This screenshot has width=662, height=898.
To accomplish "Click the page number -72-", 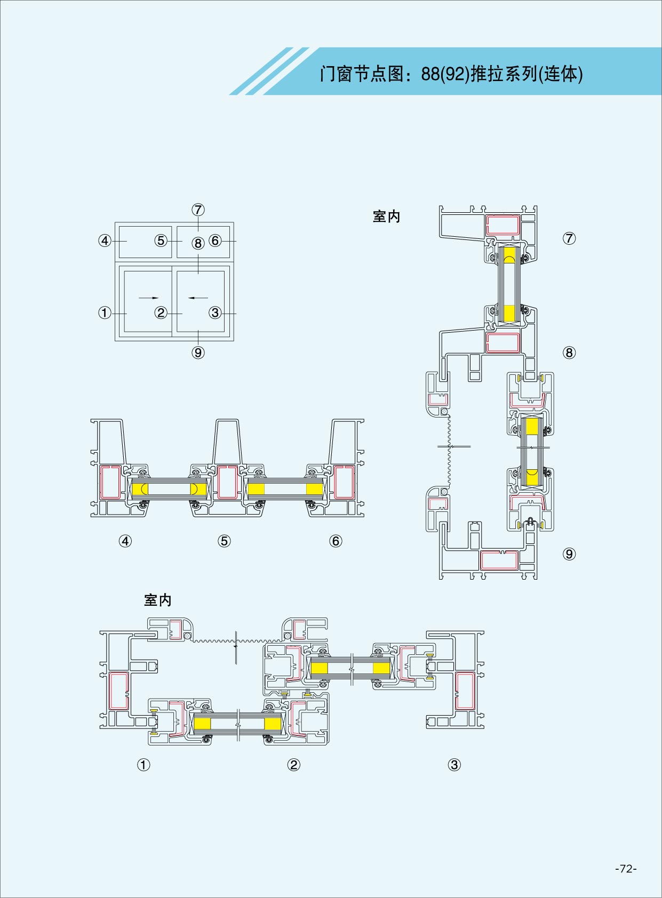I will coord(626,868).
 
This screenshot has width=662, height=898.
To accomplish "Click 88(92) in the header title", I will coord(444,74).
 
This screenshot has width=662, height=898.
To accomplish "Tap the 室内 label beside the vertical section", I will coord(386,217).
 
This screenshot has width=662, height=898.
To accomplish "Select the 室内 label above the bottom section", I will coord(158,600).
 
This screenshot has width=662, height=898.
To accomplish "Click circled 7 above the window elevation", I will coord(198,210).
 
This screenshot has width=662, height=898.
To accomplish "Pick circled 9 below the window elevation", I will coord(198,352).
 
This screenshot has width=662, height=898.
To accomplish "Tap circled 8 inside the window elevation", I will coord(198,244).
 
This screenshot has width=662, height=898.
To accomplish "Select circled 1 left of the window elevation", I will coord(105,313).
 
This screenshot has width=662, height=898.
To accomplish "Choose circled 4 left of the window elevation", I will coord(105,240).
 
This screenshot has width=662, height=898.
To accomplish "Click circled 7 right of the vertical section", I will coord(569,238).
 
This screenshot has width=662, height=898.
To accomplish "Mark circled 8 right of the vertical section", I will coord(569,352).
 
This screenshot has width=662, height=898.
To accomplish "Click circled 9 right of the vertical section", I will coord(569,554).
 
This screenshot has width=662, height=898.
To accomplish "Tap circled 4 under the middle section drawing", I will coord(125,541).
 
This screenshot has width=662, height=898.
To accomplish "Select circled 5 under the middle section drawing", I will coord(224,541).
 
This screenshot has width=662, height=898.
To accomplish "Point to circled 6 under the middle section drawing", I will coord(336,541).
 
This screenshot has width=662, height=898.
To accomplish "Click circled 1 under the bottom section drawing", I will coord(143,765).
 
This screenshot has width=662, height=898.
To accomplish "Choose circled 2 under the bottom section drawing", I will coord(293,765).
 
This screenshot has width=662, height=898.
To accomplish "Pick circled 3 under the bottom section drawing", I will coord(454,765).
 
